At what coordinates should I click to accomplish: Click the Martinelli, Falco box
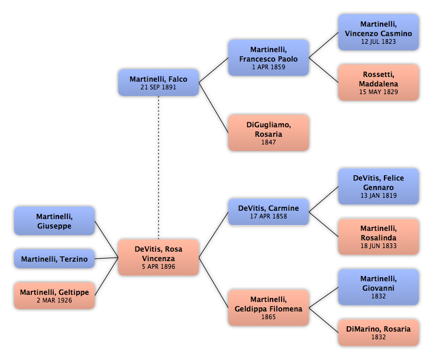point(159,83)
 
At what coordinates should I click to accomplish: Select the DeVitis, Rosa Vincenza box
point(159,258)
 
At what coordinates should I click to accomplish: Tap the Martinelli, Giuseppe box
point(54,221)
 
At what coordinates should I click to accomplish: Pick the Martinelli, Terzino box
point(54,259)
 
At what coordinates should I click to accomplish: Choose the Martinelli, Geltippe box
point(54,295)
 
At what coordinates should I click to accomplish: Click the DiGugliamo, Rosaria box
point(269,133)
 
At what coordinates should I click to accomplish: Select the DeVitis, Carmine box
point(269,212)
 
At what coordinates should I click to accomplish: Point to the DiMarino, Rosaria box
point(379,333)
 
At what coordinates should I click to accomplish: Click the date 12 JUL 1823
point(379,42)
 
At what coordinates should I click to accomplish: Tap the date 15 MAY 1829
point(379,92)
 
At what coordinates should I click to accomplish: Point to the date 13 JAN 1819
point(379,196)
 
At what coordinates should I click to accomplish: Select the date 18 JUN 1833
point(379,246)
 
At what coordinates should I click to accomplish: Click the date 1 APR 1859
point(269,67)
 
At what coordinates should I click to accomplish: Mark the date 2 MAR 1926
point(54,301)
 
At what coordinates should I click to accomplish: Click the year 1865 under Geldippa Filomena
point(269,317)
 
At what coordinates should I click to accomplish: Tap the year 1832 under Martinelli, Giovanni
point(379,297)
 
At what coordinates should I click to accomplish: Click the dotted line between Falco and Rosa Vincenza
point(159,168)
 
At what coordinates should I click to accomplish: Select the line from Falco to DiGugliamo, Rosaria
point(214,108)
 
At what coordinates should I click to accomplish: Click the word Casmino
point(397,34)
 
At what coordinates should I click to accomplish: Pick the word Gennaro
point(379,188)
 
